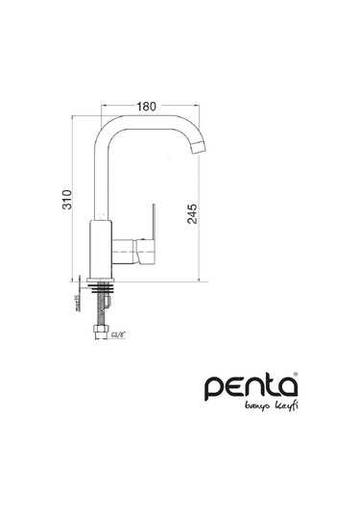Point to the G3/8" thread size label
(x=119, y=335)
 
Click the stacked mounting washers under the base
(x=102, y=284)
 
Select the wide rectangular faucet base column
(x=101, y=247)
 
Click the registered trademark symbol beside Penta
(x=296, y=377)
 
